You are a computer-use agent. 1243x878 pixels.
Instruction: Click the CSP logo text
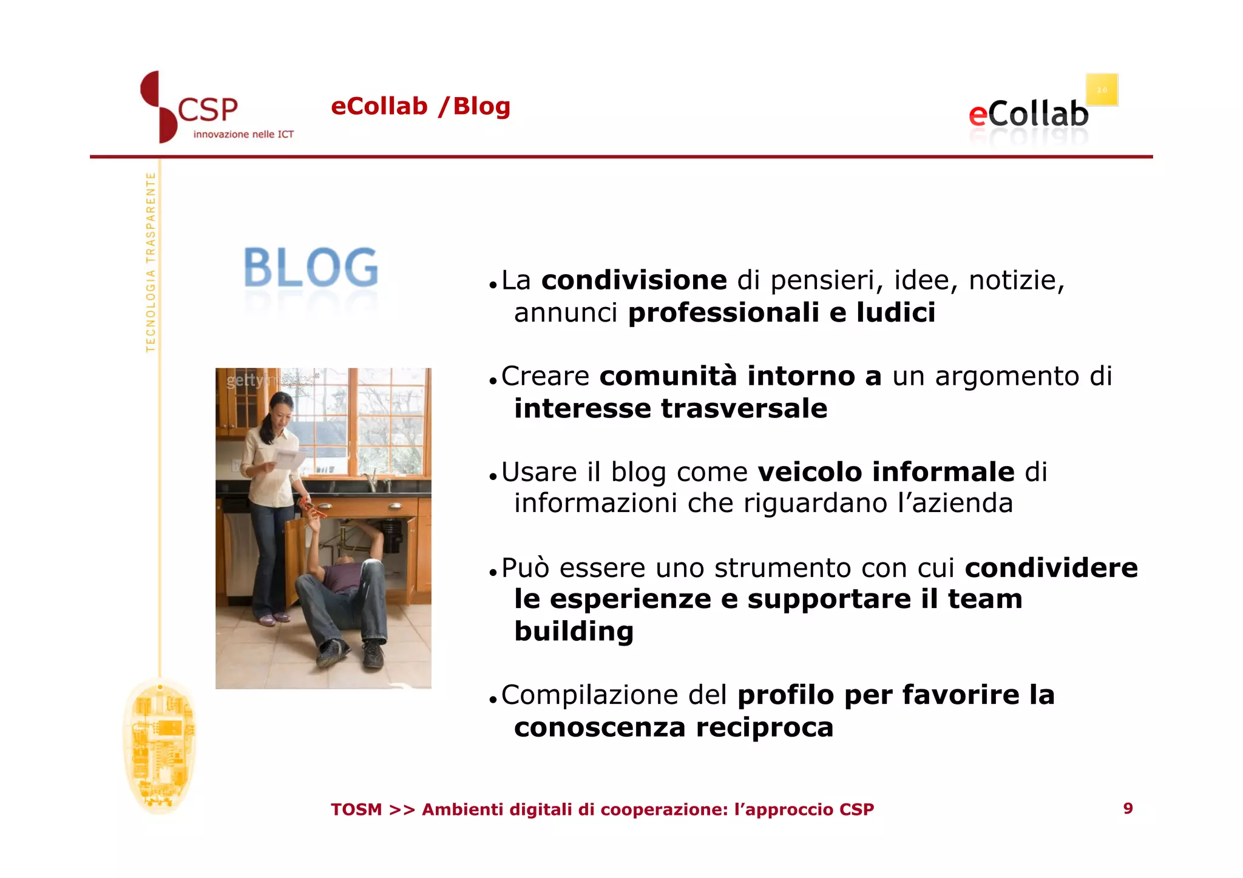pos(208,110)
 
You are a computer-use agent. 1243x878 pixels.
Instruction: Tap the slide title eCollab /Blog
pos(420,106)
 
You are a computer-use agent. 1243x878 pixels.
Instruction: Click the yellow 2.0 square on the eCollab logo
pos(1102,90)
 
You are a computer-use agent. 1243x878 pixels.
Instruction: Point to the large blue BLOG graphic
pos(311,268)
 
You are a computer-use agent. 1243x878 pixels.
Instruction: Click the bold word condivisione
pos(634,280)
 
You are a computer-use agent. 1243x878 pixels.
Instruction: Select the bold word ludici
pos(896,312)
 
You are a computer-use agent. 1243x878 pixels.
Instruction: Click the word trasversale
pos(744,408)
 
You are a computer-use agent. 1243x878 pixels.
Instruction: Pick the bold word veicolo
pos(810,471)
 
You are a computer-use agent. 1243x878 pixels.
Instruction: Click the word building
pos(574,631)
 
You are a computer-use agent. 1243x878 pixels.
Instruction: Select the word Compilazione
pos(614,695)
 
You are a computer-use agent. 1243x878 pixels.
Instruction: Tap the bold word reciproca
pos(765,727)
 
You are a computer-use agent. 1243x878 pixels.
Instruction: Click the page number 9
pos(1128,808)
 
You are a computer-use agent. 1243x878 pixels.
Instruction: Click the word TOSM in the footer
pos(356,809)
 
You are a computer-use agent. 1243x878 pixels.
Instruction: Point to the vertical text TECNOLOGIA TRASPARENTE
pos(151,262)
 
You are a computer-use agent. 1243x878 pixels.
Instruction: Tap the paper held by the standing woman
pos(290,459)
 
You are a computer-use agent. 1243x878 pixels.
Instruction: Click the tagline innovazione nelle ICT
pos(243,134)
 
